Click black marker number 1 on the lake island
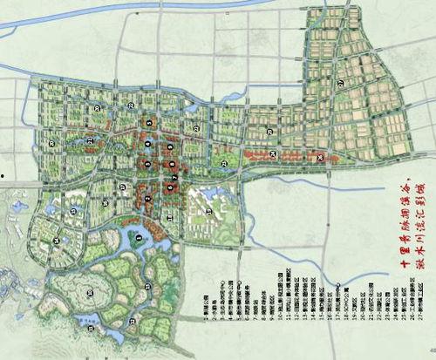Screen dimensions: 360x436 pyautogui.click(x=140, y=232)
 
